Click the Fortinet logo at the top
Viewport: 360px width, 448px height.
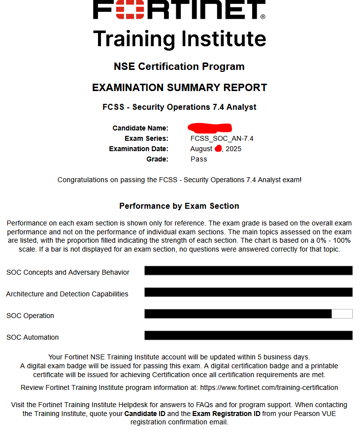179,10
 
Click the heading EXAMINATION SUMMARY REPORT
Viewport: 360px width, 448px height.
179,88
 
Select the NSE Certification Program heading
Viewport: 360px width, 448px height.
179,66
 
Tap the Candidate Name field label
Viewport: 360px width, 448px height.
140,128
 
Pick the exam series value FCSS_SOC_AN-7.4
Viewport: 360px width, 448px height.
222,138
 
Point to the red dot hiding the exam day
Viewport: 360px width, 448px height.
218,148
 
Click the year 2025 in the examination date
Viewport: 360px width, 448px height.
233,149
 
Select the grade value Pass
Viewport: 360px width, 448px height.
198,159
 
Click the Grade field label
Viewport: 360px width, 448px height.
157,159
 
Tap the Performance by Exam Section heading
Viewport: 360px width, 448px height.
179,206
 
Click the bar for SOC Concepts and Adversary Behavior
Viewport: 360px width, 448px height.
248,270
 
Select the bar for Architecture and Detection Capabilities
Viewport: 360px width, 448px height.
248,292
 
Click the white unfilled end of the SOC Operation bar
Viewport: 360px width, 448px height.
342,314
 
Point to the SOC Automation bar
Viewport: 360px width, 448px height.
248,335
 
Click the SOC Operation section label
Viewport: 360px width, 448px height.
30,316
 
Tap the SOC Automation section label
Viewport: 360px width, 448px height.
33,337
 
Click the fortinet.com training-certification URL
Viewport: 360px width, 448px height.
269,387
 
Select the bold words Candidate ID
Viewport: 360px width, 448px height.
145,414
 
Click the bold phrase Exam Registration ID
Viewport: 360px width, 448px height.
226,414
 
